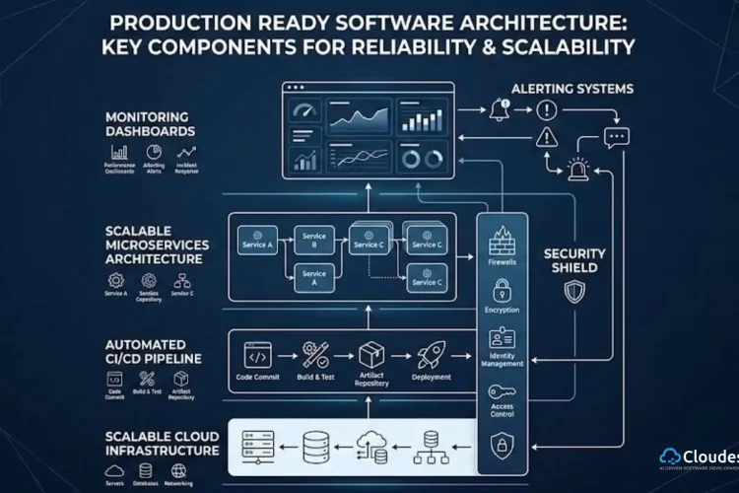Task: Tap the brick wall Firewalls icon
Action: pos(497,241)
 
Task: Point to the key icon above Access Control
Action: pos(502,390)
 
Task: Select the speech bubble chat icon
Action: pos(617,138)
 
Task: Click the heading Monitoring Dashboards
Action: pos(150,123)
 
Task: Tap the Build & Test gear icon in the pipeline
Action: pos(316,355)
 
